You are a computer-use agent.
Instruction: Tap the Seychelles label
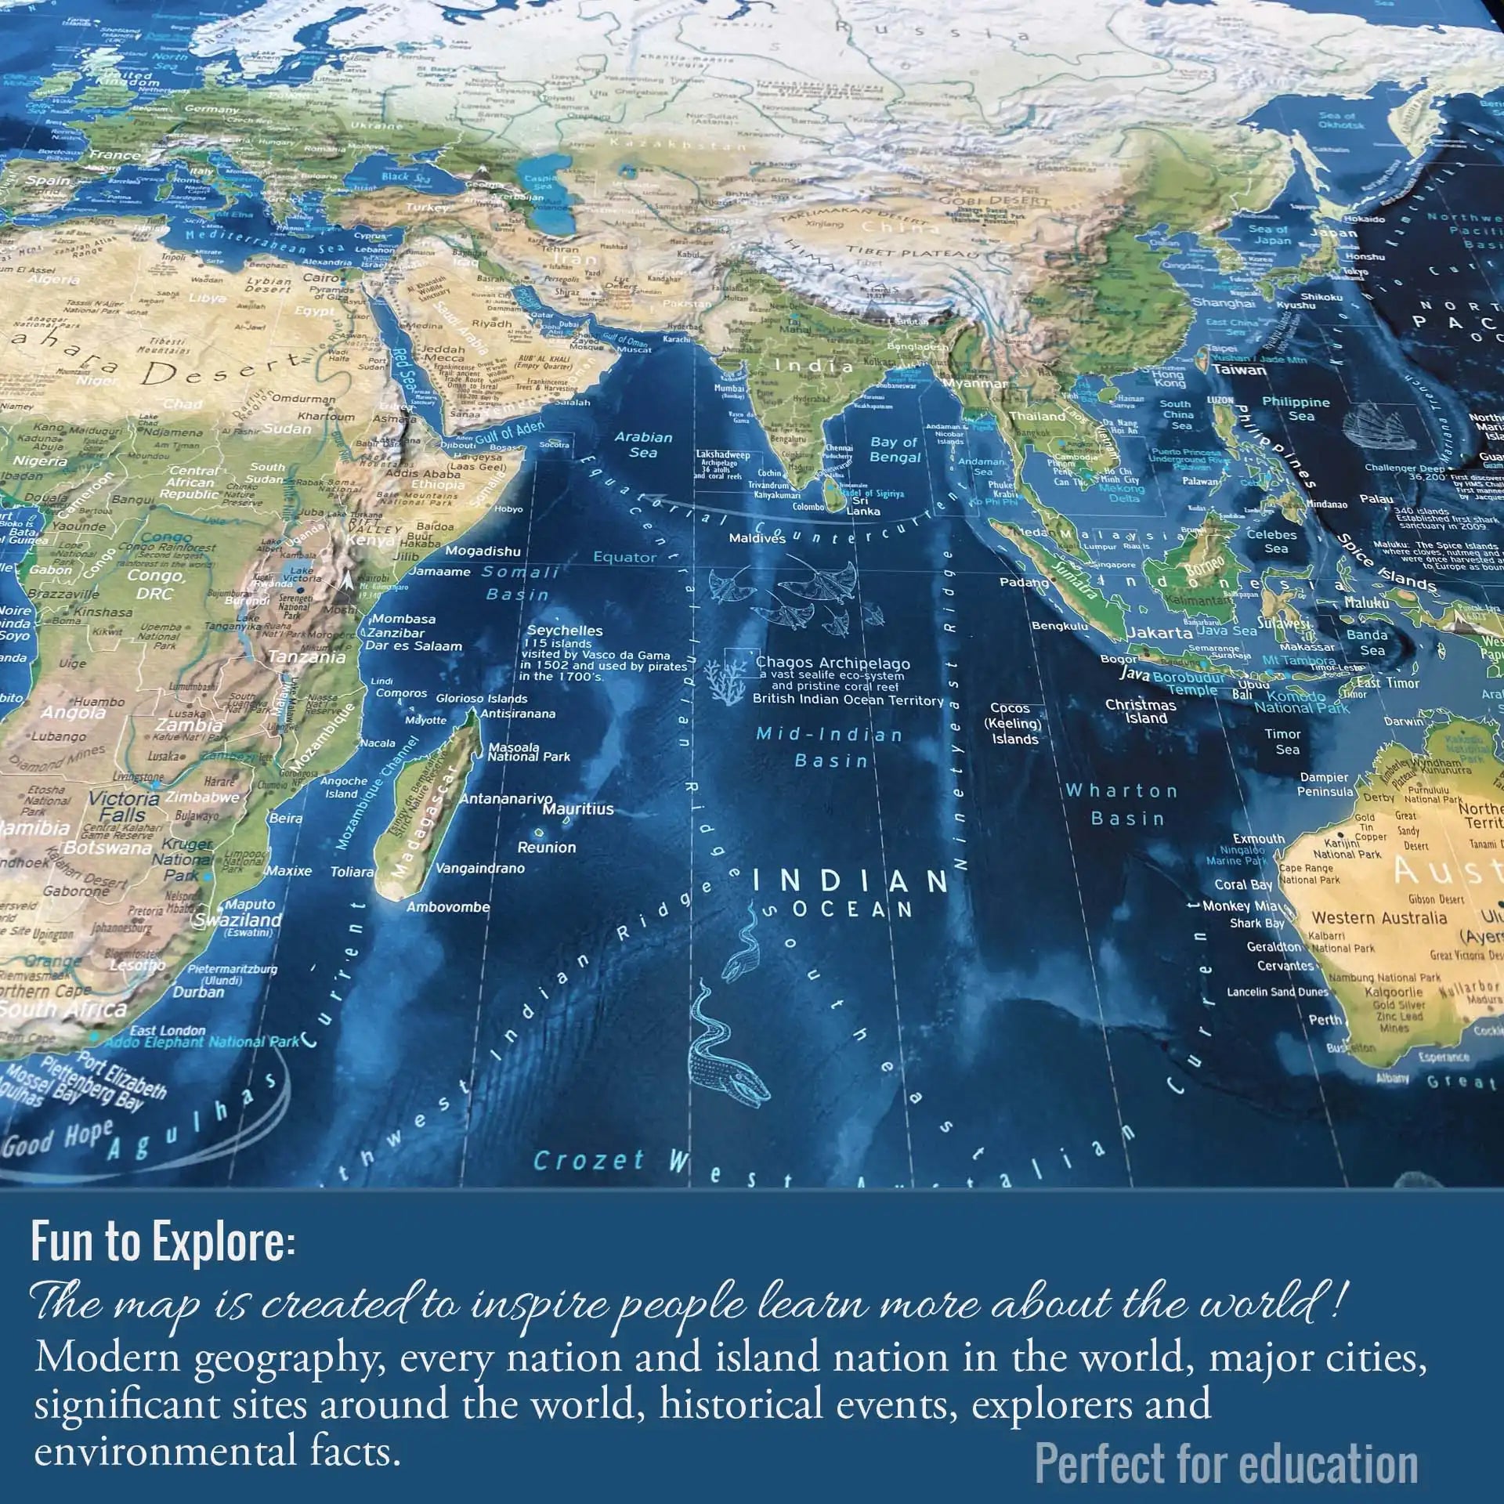565,631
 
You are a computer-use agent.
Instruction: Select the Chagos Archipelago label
832,663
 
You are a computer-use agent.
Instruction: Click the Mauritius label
578,808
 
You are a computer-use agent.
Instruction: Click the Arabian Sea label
643,444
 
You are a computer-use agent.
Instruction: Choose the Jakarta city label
1159,632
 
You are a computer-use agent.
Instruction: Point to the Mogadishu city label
483,551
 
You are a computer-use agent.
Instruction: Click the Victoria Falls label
123,806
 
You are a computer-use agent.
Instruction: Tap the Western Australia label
1379,917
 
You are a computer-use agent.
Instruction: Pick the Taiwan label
1238,370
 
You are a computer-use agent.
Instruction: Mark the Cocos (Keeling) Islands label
1014,723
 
